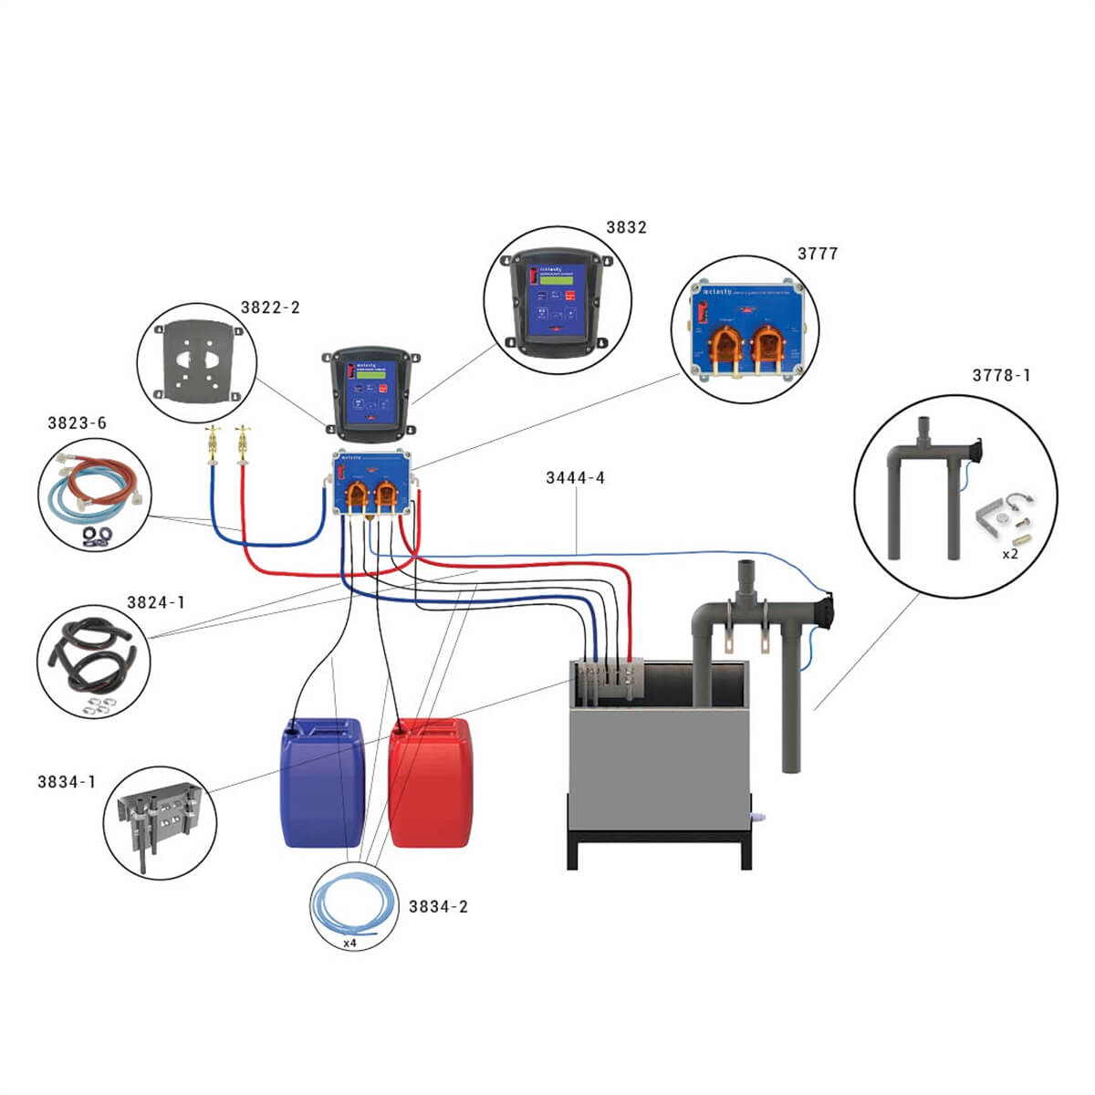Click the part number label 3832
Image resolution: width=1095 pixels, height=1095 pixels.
point(626,228)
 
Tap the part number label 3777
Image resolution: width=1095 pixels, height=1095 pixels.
point(817,255)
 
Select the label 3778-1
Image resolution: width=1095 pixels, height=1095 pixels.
point(1001,376)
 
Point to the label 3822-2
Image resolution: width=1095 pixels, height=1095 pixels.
point(270,308)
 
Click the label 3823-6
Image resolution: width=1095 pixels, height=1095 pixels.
point(77,423)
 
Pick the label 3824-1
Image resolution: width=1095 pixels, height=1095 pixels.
point(155,602)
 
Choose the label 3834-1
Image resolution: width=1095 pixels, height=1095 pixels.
point(67,782)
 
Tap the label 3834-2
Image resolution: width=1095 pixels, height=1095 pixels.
point(438,907)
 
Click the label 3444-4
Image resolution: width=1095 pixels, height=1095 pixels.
point(575,478)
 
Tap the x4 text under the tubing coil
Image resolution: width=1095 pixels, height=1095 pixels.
point(349,944)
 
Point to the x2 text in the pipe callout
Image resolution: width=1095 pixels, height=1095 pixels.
point(1010,554)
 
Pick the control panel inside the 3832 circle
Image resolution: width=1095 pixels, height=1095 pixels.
point(558,302)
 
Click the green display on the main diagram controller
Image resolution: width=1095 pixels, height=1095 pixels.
point(369,371)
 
